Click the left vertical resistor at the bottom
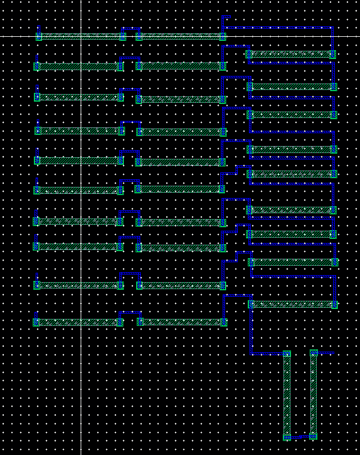(x=287, y=395)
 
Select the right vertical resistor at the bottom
(x=314, y=395)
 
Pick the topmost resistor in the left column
(x=81, y=36)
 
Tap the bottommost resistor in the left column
(x=78, y=322)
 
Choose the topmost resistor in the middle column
(x=181, y=36)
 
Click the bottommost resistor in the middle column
(x=182, y=322)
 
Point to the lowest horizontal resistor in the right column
(x=293, y=304)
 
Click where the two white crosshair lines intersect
(x=81, y=36)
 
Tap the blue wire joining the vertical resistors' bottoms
(x=300, y=436)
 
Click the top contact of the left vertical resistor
(x=287, y=353)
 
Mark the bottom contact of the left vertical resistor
(x=287, y=437)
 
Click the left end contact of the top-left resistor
(x=39, y=36)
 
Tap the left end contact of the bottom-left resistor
(x=36, y=322)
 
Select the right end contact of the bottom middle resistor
(x=223, y=322)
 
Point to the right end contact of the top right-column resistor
(x=333, y=54)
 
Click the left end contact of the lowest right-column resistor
(x=251, y=304)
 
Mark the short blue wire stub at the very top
(x=227, y=17)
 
